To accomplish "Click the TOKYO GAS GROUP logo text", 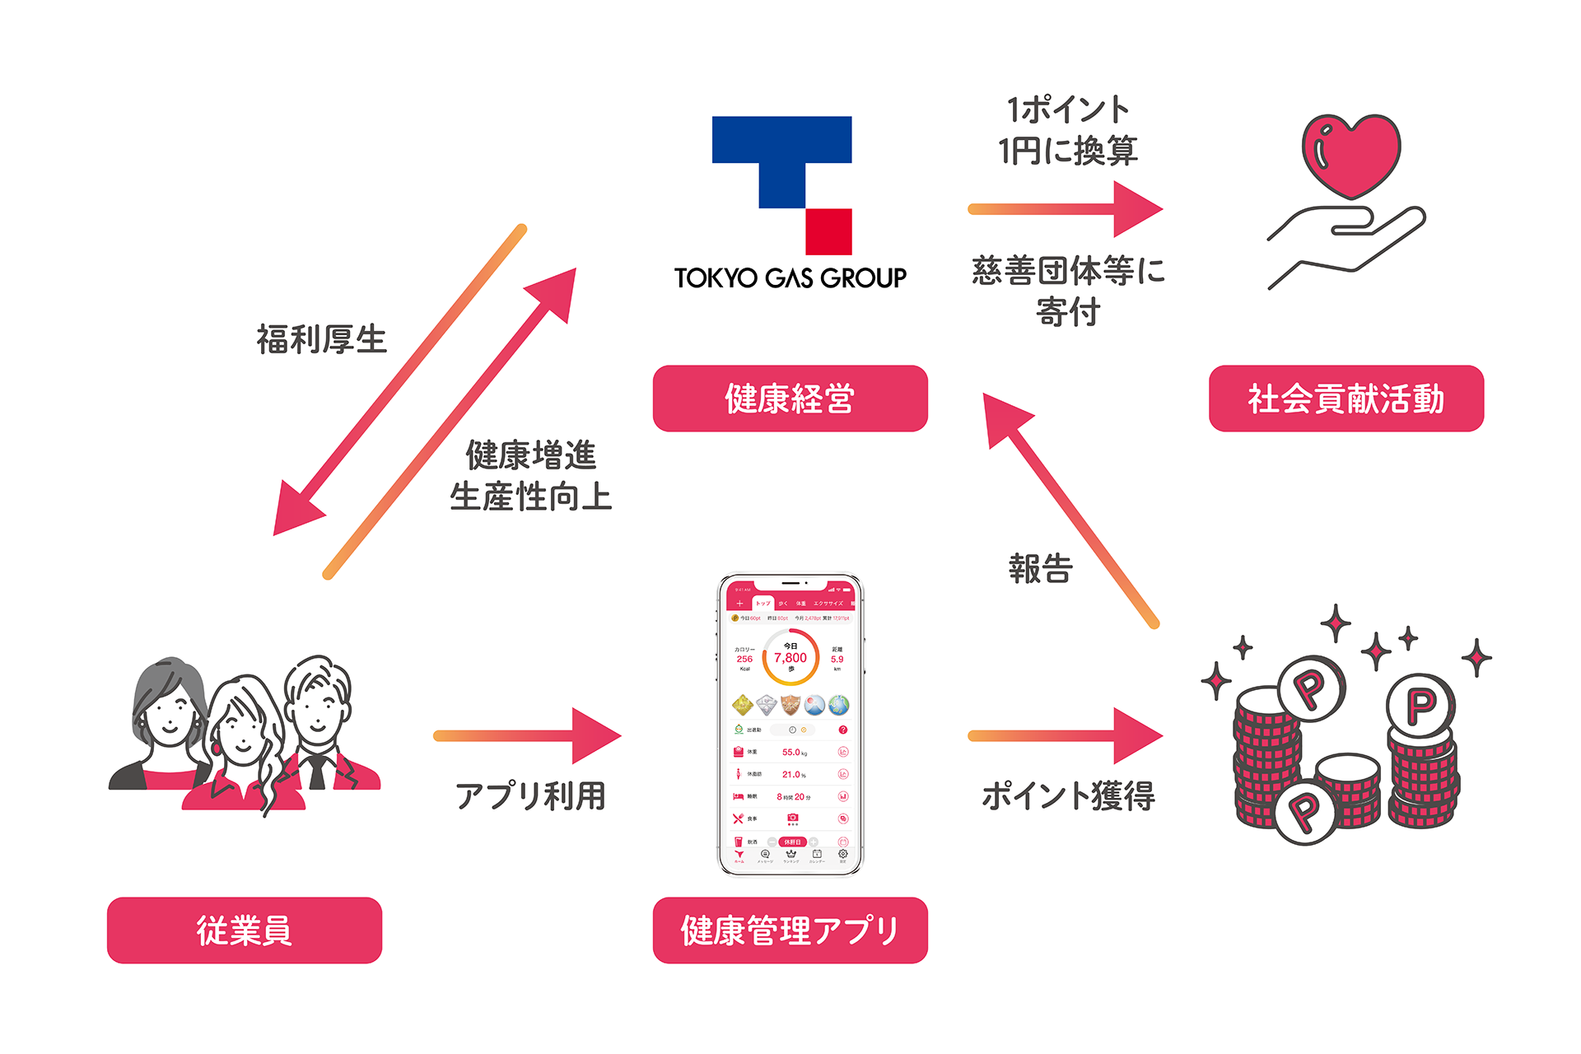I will (790, 278).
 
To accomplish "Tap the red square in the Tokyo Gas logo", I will (828, 231).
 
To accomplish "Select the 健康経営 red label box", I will (790, 399).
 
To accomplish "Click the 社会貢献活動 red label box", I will (1345, 399).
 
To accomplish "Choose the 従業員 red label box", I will (244, 930).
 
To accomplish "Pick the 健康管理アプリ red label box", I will (790, 930).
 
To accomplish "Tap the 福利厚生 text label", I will (321, 339).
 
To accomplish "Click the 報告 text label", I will (1040, 569).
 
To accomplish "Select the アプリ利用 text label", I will (530, 796).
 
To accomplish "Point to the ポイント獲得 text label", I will (1068, 796).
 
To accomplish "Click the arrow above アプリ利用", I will (527, 735).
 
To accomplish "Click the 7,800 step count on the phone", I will (790, 658).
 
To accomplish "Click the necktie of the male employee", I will (317, 771).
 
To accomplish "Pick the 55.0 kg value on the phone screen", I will (793, 752).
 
